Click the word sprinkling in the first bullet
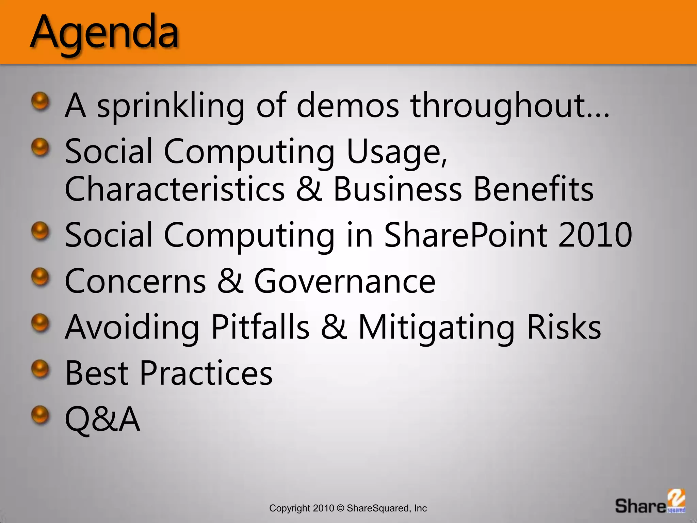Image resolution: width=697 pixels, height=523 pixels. (171, 106)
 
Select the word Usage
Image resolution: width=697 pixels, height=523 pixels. (396, 152)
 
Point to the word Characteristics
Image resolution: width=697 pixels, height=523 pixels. (174, 189)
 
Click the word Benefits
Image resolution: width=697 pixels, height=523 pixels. (533, 189)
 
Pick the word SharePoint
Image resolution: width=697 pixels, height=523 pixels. (465, 235)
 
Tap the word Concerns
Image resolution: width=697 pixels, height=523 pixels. (135, 281)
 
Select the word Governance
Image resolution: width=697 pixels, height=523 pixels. (344, 281)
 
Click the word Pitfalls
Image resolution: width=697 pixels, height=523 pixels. (260, 327)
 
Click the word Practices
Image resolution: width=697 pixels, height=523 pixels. (206, 373)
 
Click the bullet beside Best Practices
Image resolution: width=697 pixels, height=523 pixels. (40, 369)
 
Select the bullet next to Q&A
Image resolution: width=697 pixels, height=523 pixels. (40, 415)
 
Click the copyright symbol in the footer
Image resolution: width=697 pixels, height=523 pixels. (340, 508)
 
